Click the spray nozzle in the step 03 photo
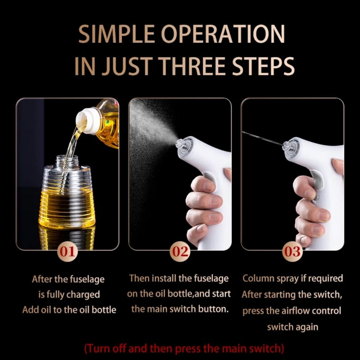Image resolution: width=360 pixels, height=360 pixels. click(286, 145)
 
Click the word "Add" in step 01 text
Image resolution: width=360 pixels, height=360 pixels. click(30, 310)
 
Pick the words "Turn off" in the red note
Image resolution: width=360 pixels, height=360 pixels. click(107, 348)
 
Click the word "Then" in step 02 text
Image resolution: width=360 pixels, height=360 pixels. click(139, 278)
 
